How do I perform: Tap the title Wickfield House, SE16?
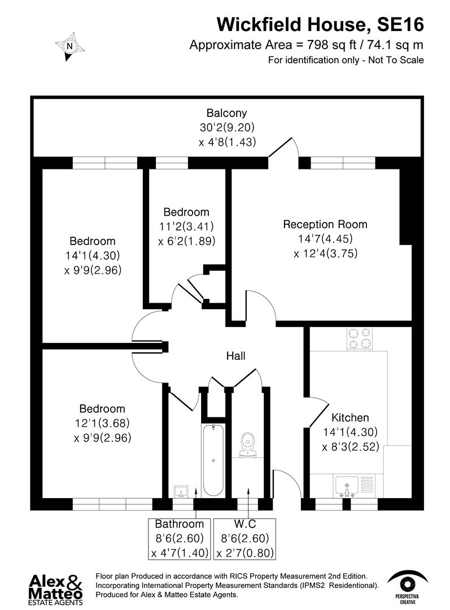pyautogui.click(x=320, y=24)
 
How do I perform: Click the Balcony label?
pyautogui.click(x=226, y=113)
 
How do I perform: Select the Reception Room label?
pyautogui.click(x=325, y=224)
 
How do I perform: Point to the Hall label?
pyautogui.click(x=235, y=356)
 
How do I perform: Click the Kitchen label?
pyautogui.click(x=349, y=418)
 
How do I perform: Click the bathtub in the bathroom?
pyautogui.click(x=213, y=460)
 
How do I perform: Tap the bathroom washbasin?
pyautogui.click(x=181, y=490)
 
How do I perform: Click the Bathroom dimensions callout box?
pyautogui.click(x=180, y=539)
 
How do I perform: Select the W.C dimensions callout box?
pyautogui.click(x=246, y=539)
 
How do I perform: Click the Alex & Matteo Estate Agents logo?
pyautogui.click(x=56, y=589)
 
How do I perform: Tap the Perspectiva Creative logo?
pyautogui.click(x=407, y=586)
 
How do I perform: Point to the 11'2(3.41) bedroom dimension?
pyautogui.click(x=186, y=226)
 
